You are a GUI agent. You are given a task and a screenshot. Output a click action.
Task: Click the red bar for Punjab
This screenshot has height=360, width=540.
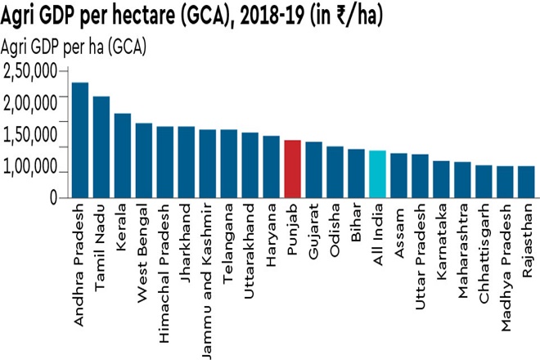(x=292, y=169)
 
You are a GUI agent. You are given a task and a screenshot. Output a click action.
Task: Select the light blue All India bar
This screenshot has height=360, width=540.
(x=377, y=173)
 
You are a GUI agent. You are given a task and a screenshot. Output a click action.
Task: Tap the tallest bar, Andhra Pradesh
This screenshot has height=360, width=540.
(x=79, y=140)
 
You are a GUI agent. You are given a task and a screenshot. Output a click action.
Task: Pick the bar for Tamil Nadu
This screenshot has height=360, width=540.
(x=101, y=147)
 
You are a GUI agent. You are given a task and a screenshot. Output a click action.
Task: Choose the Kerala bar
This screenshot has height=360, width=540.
(x=122, y=155)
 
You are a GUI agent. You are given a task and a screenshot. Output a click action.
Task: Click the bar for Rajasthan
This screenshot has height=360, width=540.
(x=526, y=182)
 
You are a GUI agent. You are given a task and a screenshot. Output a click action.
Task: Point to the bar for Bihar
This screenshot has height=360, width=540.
(x=356, y=173)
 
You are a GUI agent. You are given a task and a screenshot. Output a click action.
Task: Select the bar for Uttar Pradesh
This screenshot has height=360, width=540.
(x=420, y=176)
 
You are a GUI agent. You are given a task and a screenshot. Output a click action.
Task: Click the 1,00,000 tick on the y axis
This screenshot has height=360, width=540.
(x=29, y=168)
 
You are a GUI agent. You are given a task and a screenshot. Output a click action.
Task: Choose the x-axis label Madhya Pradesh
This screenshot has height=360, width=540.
(x=506, y=266)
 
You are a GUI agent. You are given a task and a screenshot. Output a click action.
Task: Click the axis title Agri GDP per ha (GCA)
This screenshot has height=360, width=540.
(x=74, y=47)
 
